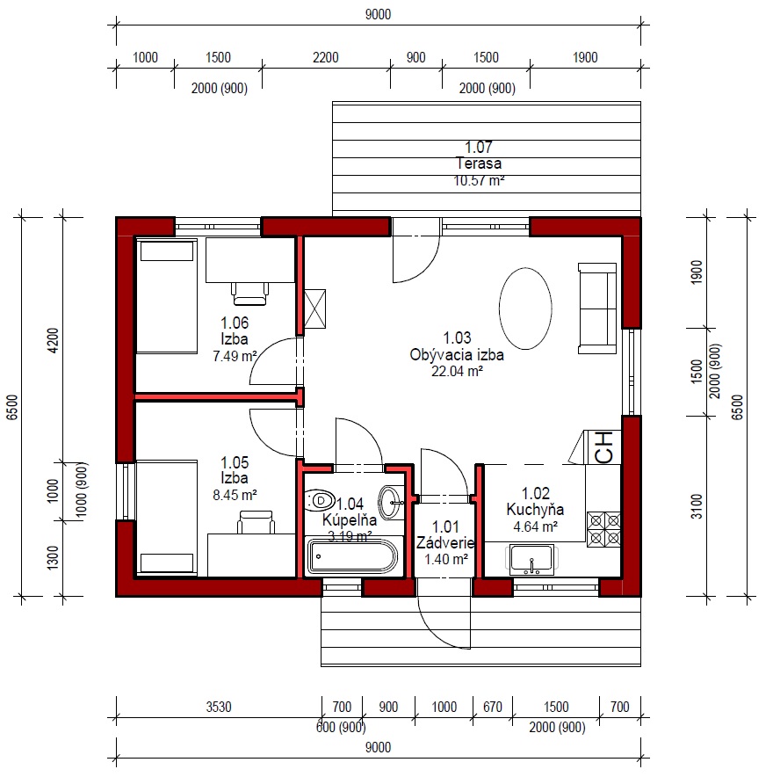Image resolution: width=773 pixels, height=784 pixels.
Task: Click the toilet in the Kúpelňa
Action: pos(319,500)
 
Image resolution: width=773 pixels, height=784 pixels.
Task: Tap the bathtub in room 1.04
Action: pos(352,556)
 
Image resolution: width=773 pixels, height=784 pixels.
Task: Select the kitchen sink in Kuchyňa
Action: pos(531,560)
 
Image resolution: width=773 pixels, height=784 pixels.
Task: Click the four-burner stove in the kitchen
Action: pos(603,529)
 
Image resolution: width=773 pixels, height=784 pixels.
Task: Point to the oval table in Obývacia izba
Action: pos(525,309)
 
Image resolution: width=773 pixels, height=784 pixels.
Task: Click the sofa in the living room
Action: pos(597,309)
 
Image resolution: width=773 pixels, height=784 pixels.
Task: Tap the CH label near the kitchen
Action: pos(603,447)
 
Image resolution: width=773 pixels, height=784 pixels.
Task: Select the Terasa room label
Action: pos(479,163)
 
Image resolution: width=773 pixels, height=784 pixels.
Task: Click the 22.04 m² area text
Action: pos(457,371)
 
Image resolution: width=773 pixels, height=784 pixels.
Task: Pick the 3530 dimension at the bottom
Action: pos(219,707)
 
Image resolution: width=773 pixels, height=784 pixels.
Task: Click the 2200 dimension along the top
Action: pos(326,57)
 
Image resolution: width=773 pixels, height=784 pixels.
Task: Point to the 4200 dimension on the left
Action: pos(53,340)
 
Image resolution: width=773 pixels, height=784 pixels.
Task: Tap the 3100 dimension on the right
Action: pos(697,506)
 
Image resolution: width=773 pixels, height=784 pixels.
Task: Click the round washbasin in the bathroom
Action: pos(390,502)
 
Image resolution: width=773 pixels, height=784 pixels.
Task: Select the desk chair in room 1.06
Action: pos(249,294)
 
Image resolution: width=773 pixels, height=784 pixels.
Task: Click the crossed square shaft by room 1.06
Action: pos(314,309)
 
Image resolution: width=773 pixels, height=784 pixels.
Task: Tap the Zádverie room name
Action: pos(445,542)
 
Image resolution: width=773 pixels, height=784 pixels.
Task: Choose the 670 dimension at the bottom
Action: pos(493,707)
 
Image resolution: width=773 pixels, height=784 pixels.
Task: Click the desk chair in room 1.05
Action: pos(256,522)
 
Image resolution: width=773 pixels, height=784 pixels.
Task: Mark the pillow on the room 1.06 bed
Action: pos(167,251)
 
